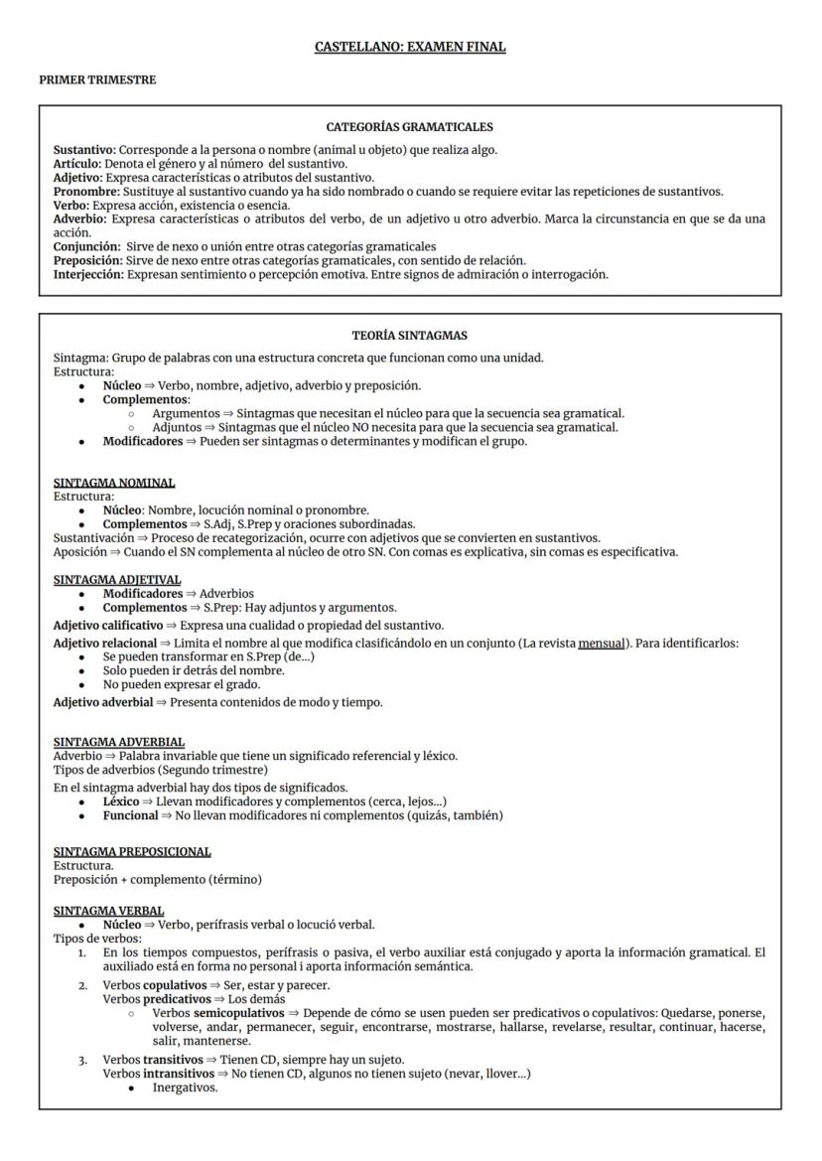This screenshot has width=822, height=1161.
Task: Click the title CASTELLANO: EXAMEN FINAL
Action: [410, 47]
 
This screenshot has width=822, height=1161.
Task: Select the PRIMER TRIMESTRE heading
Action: [91, 80]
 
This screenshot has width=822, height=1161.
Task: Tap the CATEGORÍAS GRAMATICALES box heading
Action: [410, 127]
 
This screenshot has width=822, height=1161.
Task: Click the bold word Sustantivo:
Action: [84, 150]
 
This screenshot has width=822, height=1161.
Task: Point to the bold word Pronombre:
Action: [87, 192]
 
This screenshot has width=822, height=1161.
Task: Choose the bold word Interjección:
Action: [89, 274]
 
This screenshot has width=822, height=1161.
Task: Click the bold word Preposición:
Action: [88, 260]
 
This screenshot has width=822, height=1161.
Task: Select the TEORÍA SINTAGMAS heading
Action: [410, 336]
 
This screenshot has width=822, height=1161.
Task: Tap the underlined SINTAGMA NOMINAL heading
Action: [114, 483]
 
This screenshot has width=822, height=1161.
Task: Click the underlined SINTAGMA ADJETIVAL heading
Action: [117, 579]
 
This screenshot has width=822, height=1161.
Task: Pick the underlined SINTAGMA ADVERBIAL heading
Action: [119, 742]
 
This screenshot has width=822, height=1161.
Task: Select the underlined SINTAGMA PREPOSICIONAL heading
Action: [132, 851]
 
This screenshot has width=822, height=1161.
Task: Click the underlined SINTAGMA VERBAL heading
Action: [109, 911]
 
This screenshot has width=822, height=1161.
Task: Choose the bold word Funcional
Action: [130, 815]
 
